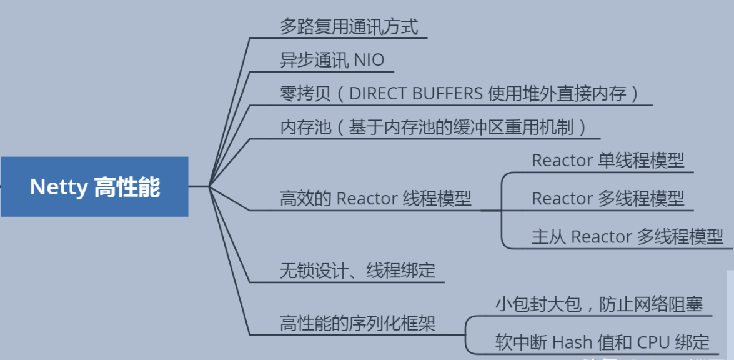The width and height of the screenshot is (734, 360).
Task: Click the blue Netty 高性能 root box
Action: click(x=94, y=186)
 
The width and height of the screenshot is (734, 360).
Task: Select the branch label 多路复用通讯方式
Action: click(x=349, y=27)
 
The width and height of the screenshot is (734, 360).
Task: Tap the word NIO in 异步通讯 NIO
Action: click(x=369, y=61)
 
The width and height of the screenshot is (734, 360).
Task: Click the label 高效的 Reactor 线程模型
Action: click(x=375, y=199)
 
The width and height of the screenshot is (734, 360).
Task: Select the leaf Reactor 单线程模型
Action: click(x=608, y=161)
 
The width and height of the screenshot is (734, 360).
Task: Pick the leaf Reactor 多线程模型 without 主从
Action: click(x=608, y=199)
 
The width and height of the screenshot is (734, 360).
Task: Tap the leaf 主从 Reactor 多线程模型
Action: click(x=627, y=237)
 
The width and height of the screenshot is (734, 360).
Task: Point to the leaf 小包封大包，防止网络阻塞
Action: click(x=599, y=304)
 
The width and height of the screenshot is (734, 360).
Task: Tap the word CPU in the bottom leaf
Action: click(x=653, y=342)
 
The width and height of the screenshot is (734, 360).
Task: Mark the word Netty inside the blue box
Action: click(x=59, y=187)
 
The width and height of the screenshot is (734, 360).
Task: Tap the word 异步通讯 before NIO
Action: click(x=314, y=61)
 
